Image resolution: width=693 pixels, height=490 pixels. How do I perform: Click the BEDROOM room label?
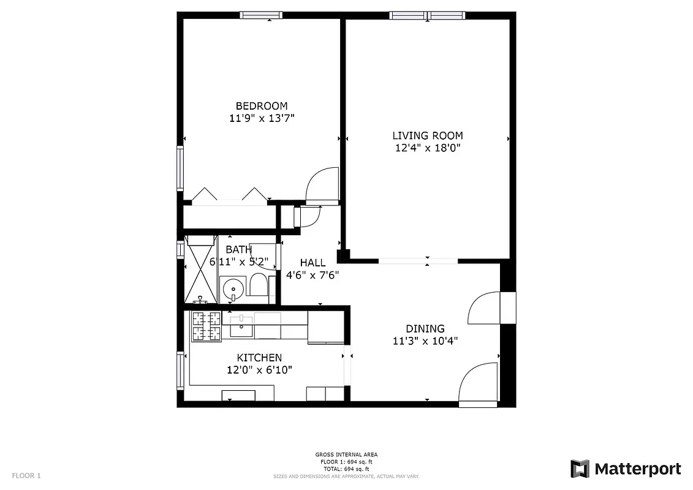pyautogui.click(x=262, y=105)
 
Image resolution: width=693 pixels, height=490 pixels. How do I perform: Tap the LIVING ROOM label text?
pyautogui.click(x=427, y=135)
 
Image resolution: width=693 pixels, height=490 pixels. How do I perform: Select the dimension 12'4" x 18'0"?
pyautogui.click(x=427, y=148)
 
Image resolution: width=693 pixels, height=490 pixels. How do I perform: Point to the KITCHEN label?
pyautogui.click(x=259, y=358)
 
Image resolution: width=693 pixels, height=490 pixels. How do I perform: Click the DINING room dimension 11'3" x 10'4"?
pyautogui.click(x=425, y=341)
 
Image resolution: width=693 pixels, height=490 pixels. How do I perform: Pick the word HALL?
pyautogui.click(x=312, y=263)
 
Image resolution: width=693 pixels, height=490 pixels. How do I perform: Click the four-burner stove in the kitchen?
pyautogui.click(x=206, y=326)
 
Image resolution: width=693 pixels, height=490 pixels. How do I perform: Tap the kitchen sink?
pyautogui.click(x=241, y=326)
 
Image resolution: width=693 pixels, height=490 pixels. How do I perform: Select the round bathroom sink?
pyautogui.click(x=232, y=288)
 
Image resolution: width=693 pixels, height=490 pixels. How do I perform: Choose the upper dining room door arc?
pyautogui.click(x=484, y=308)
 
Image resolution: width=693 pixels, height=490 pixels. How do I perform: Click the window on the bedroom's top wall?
pyautogui.click(x=260, y=15)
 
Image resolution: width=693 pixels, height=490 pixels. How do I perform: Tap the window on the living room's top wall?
pyautogui.click(x=427, y=15)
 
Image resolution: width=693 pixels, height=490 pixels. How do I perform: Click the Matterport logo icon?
pyautogui.click(x=580, y=469)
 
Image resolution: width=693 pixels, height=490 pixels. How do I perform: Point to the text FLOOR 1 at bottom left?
pyautogui.click(x=26, y=475)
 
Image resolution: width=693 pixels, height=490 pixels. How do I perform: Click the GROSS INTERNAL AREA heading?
pyautogui.click(x=346, y=454)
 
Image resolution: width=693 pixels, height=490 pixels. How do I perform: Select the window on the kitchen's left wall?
pyautogui.click(x=180, y=371)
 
